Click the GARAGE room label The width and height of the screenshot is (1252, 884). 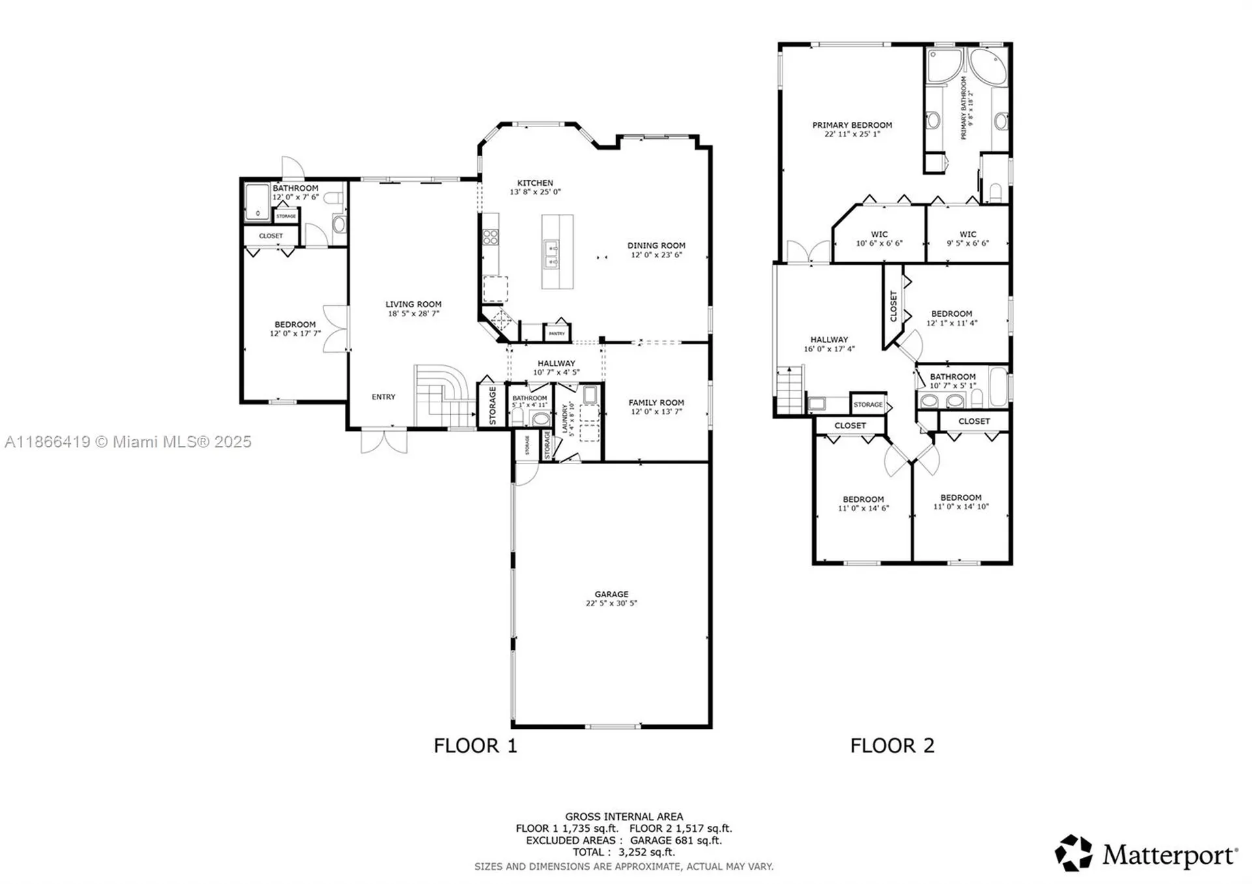(x=611, y=595)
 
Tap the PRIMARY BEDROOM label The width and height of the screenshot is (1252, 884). (x=852, y=125)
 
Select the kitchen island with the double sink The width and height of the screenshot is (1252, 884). (x=558, y=252)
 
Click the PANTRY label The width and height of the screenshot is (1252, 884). (x=557, y=334)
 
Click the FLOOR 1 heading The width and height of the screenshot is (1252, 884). (x=475, y=746)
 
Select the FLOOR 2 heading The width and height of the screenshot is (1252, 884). (x=892, y=746)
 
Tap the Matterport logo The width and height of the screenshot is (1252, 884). (x=1146, y=853)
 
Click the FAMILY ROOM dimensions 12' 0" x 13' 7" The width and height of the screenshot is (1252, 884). (x=656, y=412)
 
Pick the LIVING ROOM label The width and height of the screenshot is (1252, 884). (x=413, y=304)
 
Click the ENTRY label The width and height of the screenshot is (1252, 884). (x=383, y=397)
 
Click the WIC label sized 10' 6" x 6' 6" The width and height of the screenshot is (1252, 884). (x=879, y=235)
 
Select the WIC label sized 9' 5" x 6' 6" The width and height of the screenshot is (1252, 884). (x=968, y=235)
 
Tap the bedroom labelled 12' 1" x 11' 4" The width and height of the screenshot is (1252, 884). (x=951, y=314)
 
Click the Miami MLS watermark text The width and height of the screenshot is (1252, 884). (x=128, y=442)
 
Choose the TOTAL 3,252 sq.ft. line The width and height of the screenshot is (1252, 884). (x=623, y=852)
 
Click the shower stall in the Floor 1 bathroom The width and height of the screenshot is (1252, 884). (x=257, y=201)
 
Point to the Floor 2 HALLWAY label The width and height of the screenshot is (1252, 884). (x=829, y=340)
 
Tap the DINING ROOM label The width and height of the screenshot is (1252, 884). (x=656, y=246)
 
